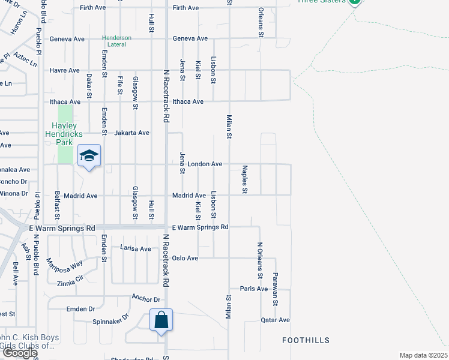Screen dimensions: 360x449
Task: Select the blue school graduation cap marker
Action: pyautogui.click(x=89, y=156)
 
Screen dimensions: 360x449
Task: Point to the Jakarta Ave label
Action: pyautogui.click(x=131, y=133)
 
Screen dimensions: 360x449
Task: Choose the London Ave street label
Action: pyautogui.click(x=205, y=164)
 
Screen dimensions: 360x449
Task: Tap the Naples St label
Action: pyautogui.click(x=244, y=180)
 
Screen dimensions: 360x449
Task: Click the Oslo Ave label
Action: pyautogui.click(x=185, y=258)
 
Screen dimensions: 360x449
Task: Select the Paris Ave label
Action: pyautogui.click(x=254, y=289)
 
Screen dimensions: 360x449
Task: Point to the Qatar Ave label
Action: pyautogui.click(x=276, y=320)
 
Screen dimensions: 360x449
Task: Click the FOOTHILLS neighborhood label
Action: pyautogui.click(x=306, y=340)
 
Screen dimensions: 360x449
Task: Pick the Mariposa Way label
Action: pyautogui.click(x=64, y=263)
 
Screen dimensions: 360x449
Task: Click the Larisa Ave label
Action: pyautogui.click(x=136, y=248)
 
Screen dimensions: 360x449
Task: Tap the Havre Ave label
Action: pyautogui.click(x=65, y=70)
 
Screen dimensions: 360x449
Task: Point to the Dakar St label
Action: pyautogui.click(x=89, y=86)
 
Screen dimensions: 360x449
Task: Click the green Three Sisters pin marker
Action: pyautogui.click(x=354, y=2)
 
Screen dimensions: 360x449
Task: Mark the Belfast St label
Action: pyautogui.click(x=58, y=208)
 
